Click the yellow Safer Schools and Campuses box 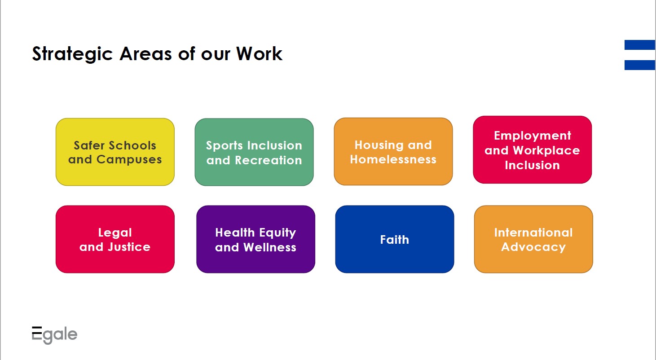(115, 152)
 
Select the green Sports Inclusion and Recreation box (254, 152)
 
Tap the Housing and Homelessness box (393, 151)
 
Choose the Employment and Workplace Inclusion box (533, 150)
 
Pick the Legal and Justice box (115, 239)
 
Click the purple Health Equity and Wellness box (255, 239)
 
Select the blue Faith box (395, 239)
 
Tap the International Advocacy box (533, 239)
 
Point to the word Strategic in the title (72, 54)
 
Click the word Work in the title (259, 53)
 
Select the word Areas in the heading (145, 54)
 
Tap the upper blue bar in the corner (640, 45)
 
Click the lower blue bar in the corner (640, 65)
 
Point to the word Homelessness (393, 159)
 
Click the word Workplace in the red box (546, 151)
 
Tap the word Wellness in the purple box (270, 247)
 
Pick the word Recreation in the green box (269, 160)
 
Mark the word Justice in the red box (129, 247)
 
